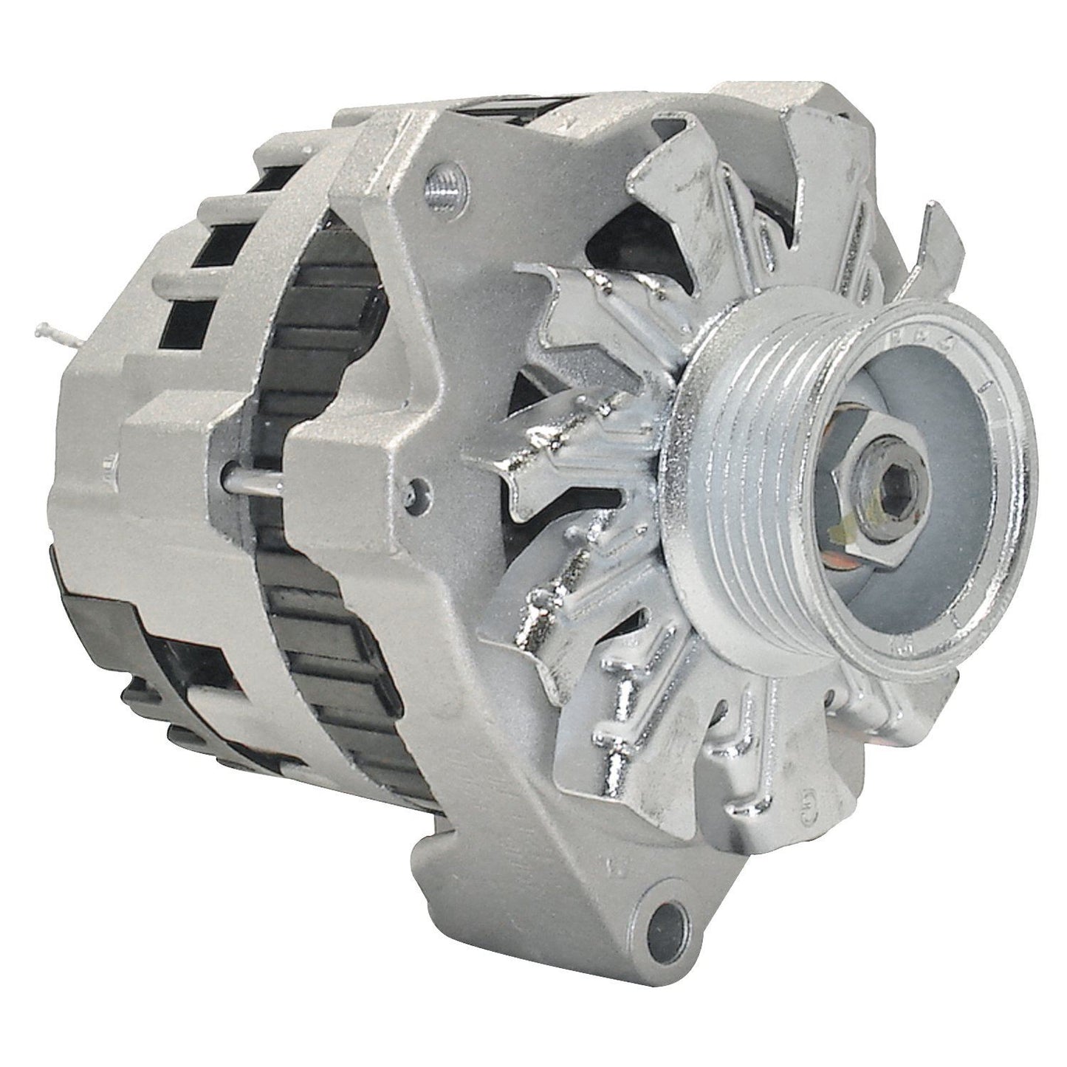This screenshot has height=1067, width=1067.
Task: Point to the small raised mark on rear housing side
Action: click(109, 464)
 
